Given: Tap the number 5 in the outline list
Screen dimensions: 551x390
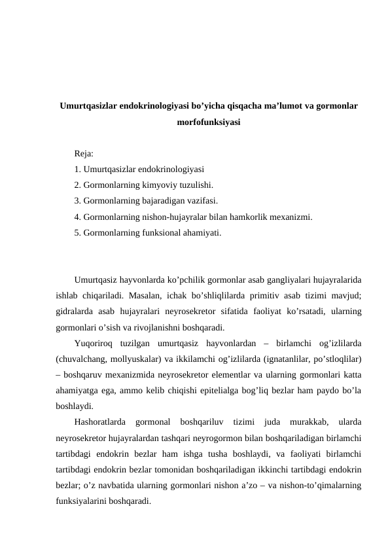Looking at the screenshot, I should [77, 232].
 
